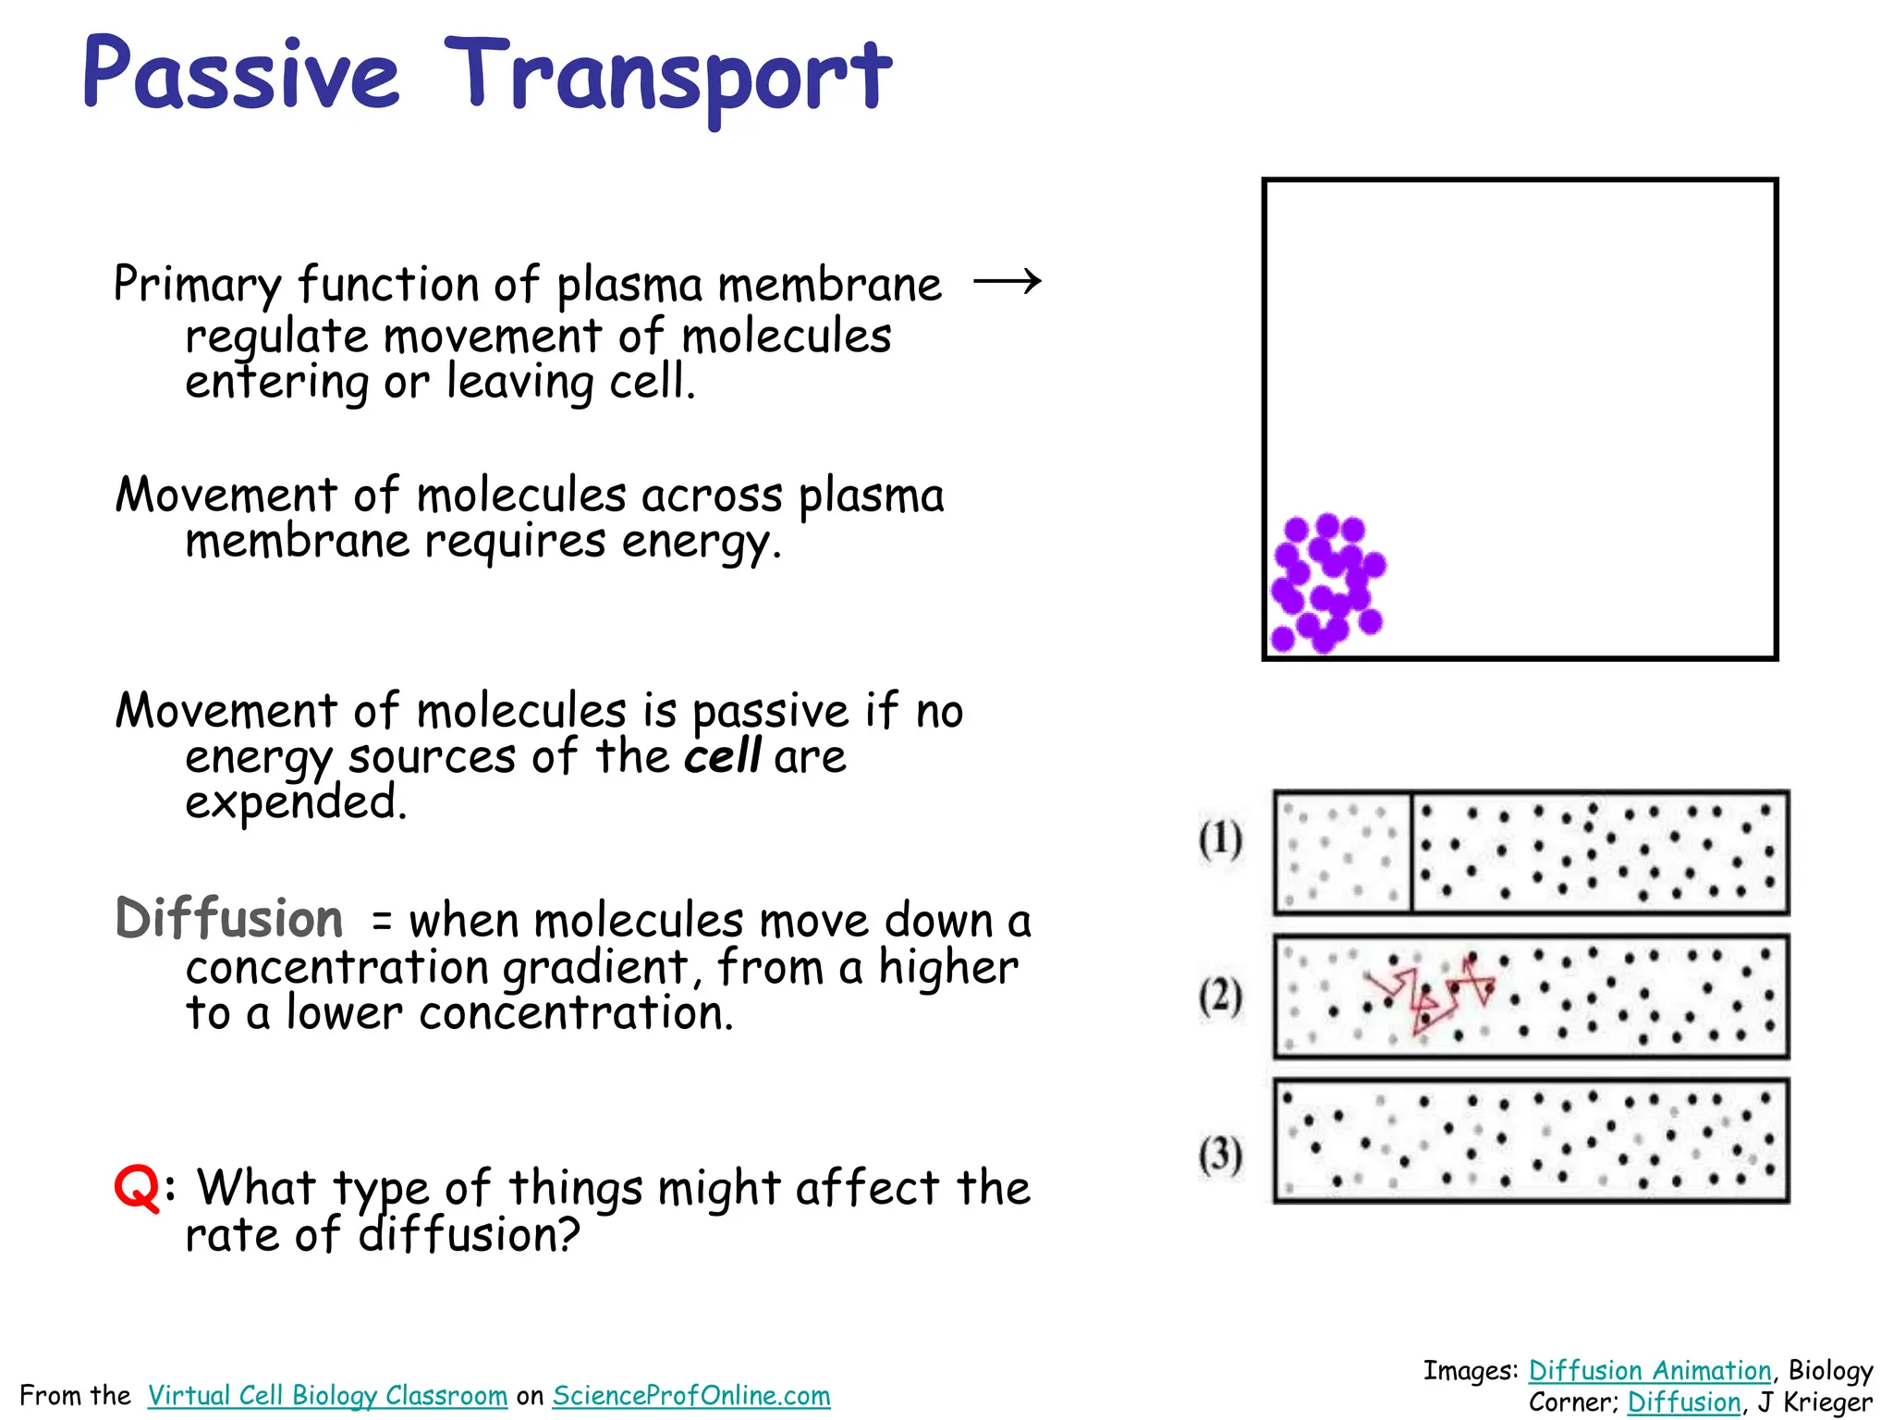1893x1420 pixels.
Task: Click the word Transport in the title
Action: (667, 78)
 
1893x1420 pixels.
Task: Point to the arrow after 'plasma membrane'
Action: (1008, 281)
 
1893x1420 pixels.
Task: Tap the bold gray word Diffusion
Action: (229, 919)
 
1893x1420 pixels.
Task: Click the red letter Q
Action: (137, 1187)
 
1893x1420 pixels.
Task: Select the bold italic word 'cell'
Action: (723, 756)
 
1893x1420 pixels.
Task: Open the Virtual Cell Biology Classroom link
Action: (327, 1395)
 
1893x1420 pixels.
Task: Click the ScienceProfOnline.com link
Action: (691, 1395)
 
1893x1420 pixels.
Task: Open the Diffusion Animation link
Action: (1650, 1370)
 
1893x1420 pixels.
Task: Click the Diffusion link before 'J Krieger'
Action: (1684, 1402)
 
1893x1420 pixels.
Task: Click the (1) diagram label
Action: (1220, 840)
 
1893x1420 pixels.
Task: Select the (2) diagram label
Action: (1220, 998)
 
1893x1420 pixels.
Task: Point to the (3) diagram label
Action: (1220, 1155)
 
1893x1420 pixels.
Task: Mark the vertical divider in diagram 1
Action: (1411, 852)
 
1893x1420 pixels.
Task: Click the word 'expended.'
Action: (296, 802)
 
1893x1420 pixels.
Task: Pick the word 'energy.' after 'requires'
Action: (702, 542)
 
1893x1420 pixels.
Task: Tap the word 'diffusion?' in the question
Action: (470, 1235)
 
